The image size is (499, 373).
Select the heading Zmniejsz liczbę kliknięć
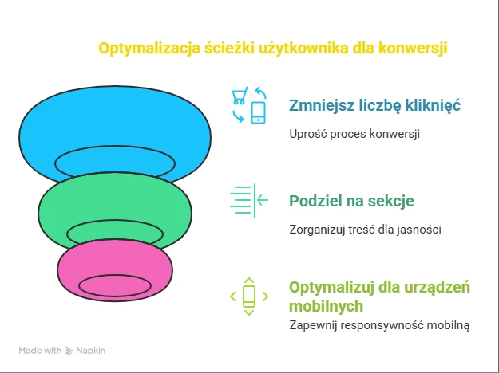pos(374,105)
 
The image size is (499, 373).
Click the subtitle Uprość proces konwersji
pos(354,134)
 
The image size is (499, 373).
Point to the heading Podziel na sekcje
pos(351,201)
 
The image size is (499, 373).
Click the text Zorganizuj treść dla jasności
pos(365,229)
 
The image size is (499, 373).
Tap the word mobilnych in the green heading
pos(326,306)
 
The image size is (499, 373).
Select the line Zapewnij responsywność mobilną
pos(379,325)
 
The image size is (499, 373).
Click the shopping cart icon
pos(240,96)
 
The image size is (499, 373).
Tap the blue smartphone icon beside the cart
pos(259,112)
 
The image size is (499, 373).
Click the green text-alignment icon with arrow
pos(249,201)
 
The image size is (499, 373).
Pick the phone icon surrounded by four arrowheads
pos(249,296)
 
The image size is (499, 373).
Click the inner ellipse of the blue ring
pos(115,146)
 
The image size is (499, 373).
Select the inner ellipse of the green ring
pos(115,220)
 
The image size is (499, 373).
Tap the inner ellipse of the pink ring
pos(115,276)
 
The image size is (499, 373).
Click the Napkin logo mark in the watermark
pos(69,351)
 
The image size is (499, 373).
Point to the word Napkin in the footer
pos(91,351)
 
